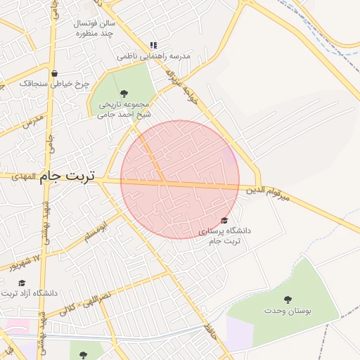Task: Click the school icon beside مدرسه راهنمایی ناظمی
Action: [x=154, y=44]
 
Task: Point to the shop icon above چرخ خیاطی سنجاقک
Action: [x=54, y=73]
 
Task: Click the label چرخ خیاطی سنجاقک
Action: [x=54, y=84]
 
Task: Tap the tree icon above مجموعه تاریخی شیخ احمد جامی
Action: [x=124, y=94]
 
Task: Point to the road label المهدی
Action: [x=27, y=176]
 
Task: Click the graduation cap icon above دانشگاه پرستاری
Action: [x=224, y=221]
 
